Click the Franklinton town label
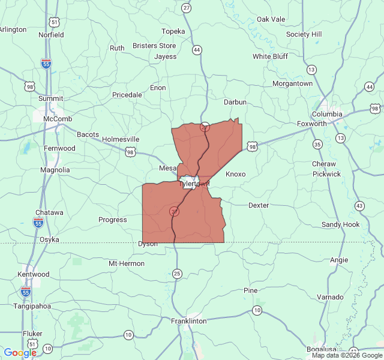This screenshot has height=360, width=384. pos(190,321)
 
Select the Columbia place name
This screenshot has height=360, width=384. pos(327,114)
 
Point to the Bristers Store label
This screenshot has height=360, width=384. pos(154,46)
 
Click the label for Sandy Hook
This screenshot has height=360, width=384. pos(341,224)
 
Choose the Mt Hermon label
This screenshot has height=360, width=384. pos(127,263)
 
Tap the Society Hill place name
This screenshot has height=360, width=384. pos(304,34)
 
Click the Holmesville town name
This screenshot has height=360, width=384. pos(121,139)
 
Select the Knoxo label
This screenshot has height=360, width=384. pos(235,174)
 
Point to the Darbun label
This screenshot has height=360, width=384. pos(235,102)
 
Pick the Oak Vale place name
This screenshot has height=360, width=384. pos(271,19)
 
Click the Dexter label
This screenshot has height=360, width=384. pos(259,205)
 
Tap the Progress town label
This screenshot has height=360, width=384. pos(113,220)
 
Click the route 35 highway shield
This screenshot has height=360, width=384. pos(317,144)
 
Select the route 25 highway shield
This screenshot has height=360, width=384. pos(176,274)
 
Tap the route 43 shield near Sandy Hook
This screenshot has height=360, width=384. pos(359,206)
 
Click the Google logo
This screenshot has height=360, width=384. pos(20,352)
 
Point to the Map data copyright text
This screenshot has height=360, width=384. pos(346,355)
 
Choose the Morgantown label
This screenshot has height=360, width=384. pos(292,84)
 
